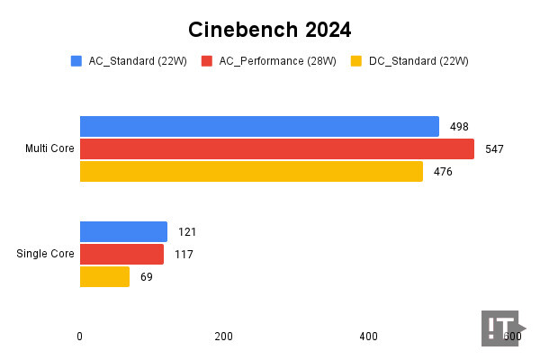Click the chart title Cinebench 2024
pyautogui.click(x=269, y=30)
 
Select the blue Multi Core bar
pyautogui.click(x=259, y=126)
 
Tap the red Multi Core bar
pyautogui.click(x=276, y=148)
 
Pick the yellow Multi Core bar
pyautogui.click(x=251, y=171)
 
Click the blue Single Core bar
pyautogui.click(x=123, y=231)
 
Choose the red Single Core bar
pyautogui.click(x=121, y=254)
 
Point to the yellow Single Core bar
pyautogui.click(x=104, y=276)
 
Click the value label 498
pyautogui.click(x=459, y=127)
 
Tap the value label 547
pyautogui.click(x=494, y=149)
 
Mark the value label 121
pyautogui.click(x=186, y=232)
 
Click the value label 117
pyautogui.click(x=184, y=255)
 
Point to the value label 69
pyautogui.click(x=147, y=277)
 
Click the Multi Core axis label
pyautogui.click(x=49, y=148)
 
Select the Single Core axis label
pyautogui.click(x=45, y=254)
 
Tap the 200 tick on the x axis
pyautogui.click(x=223, y=337)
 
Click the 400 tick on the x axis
pyautogui.click(x=368, y=337)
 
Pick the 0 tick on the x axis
pyautogui.click(x=80, y=337)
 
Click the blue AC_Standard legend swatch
pyautogui.click(x=76, y=61)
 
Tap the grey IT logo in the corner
pyautogui.click(x=501, y=328)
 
